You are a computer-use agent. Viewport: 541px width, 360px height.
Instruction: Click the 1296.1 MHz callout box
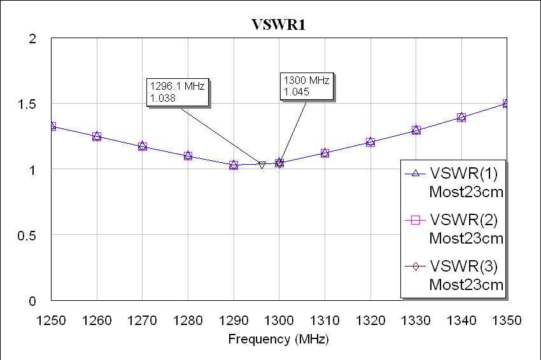coord(178,92)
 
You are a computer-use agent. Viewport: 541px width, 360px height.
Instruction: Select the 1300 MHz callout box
coord(306,86)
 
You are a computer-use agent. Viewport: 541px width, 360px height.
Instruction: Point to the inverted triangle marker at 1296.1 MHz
coord(262,165)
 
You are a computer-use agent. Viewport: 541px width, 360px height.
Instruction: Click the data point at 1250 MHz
coord(52,127)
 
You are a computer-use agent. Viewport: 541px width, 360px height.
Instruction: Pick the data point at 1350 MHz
coord(507,104)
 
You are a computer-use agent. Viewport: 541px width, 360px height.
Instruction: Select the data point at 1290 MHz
coord(234,165)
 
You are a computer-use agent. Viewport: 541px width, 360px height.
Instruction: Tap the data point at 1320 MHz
coord(370,142)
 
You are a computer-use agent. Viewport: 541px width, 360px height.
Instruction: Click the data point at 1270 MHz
coord(143,146)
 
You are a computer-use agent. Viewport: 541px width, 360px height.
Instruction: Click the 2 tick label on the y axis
coord(32,39)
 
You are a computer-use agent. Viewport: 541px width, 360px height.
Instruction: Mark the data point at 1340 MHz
coord(461,118)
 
